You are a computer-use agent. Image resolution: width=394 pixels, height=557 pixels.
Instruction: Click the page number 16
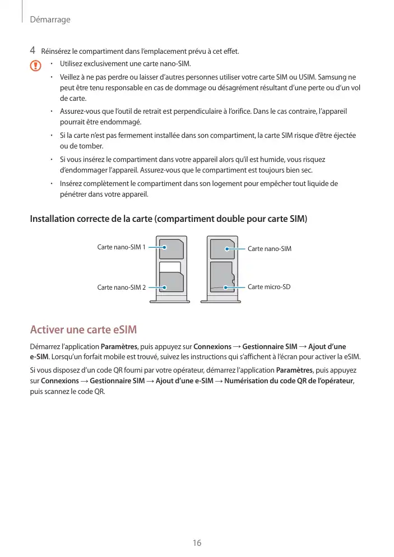(x=197, y=543)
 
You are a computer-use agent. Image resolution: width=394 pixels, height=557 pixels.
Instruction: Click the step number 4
(x=33, y=52)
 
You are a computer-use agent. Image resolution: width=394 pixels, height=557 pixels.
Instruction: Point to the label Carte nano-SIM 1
(x=121, y=247)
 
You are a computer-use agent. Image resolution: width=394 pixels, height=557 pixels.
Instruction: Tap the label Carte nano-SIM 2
(x=121, y=287)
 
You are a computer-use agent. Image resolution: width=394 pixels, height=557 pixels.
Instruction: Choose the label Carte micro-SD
(x=269, y=287)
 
